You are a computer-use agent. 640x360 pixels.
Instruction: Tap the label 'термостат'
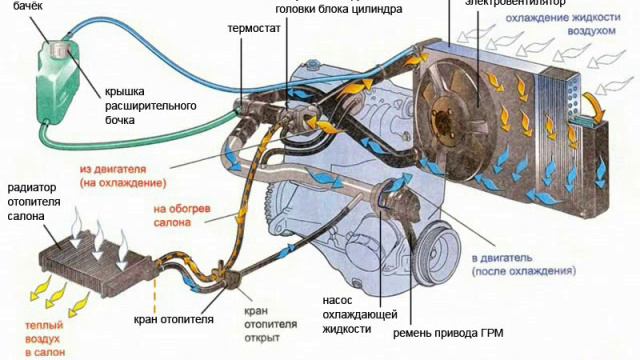pos(253,29)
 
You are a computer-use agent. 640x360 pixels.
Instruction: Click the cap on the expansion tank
pos(64,46)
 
